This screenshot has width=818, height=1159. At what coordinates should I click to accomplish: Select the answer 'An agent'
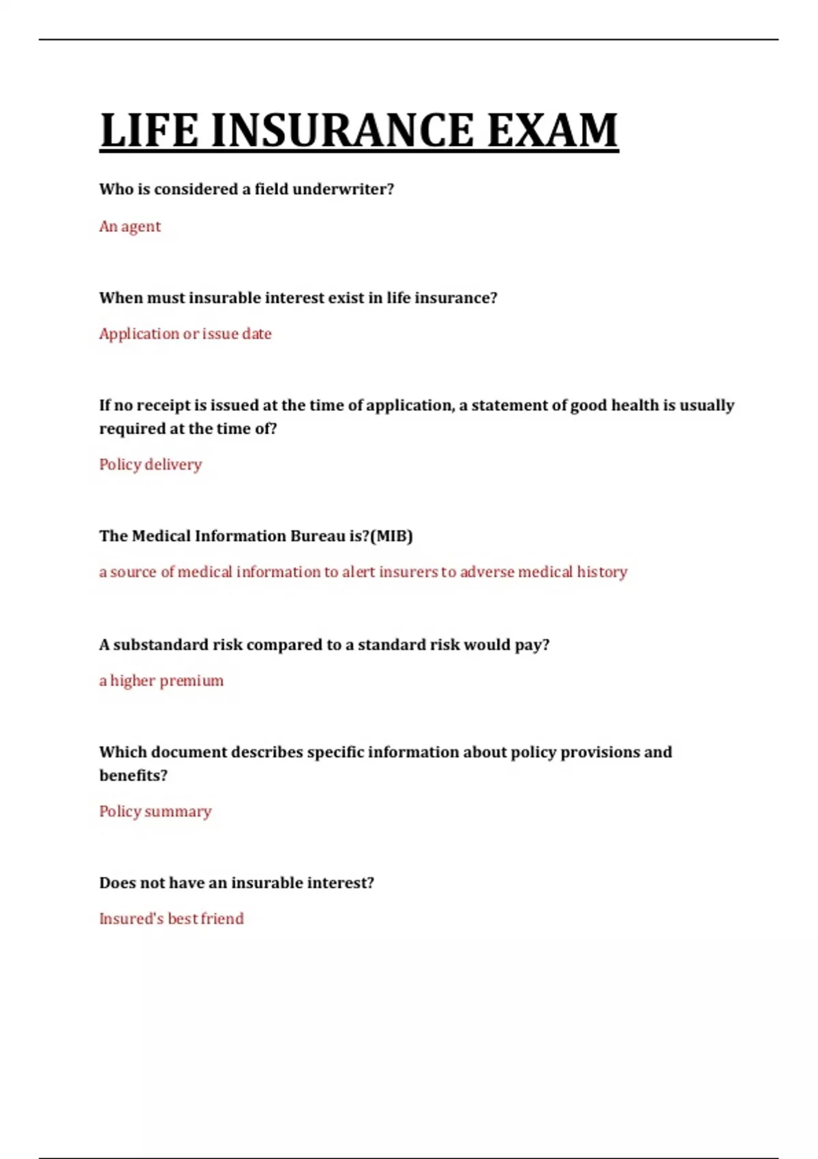[130, 226]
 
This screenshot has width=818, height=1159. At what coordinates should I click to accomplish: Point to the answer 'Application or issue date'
[185, 334]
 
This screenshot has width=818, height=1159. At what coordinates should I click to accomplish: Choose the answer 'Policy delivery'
[151, 464]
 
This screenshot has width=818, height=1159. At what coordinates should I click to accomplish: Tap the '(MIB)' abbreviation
[391, 536]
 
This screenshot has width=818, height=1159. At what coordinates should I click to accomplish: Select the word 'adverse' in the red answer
[487, 571]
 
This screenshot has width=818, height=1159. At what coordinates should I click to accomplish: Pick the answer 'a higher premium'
[162, 680]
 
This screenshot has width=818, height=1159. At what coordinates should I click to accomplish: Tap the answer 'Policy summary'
[155, 811]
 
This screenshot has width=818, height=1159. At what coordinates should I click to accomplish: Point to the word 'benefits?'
[134, 775]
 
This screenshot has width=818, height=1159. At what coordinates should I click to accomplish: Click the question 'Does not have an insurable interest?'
[237, 883]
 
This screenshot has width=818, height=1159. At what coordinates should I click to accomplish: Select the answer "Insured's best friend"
[171, 918]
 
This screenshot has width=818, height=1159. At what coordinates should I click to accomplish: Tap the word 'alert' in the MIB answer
[359, 571]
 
